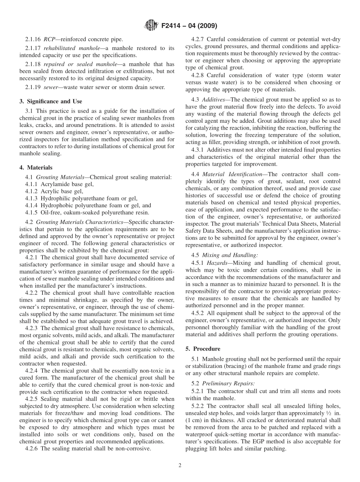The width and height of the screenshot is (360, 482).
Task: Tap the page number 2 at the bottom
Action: (x=180, y=465)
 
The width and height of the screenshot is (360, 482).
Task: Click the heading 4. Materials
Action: (x=36, y=167)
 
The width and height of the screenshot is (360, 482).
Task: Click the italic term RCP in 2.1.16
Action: (x=49, y=39)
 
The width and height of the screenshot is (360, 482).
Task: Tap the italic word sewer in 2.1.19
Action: (x=52, y=88)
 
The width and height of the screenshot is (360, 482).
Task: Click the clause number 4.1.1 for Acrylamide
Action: (x=31, y=184)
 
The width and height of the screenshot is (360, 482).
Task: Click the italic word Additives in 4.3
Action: (x=215, y=99)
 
